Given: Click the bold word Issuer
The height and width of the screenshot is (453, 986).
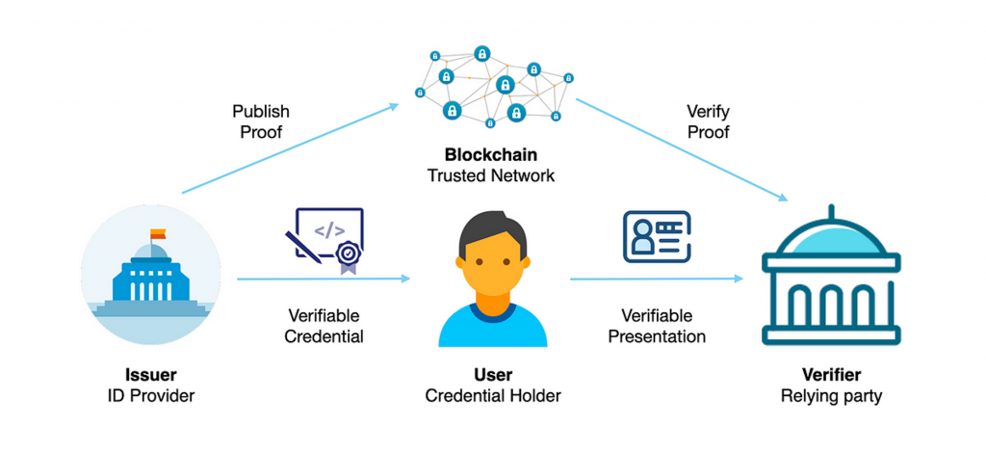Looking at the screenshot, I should pos(151,375).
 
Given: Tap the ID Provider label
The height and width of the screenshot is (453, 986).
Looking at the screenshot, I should pos(151,394).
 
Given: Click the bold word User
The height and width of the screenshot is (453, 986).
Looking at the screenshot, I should pos(493,375).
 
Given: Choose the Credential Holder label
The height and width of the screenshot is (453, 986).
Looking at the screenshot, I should pos(493,394).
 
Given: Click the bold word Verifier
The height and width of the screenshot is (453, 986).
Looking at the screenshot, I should pos(831,375).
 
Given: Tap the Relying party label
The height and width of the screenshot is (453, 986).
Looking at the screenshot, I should pos(831,394).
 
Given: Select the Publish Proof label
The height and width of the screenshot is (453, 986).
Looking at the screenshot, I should pos(260,121).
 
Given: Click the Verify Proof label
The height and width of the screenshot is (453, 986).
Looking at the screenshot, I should pos(708,121).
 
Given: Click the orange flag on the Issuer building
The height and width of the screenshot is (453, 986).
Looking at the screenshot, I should pos(157,233).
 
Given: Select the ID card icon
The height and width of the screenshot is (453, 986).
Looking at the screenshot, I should pos(657,237).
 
